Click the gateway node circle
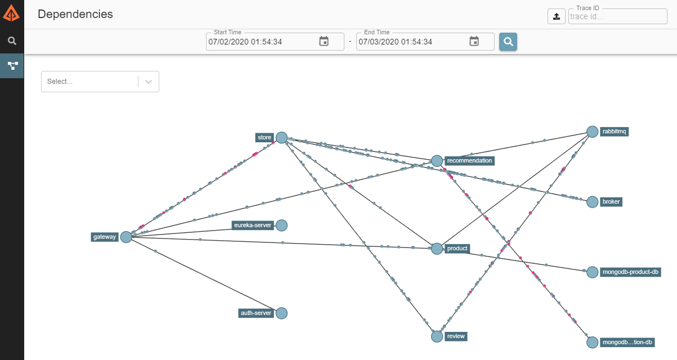[126, 237]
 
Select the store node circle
[281, 137]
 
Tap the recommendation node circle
[437, 161]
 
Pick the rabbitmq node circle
[592, 132]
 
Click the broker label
[611, 202]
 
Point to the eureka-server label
[253, 226]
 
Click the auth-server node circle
[281, 313]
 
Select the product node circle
[437, 249]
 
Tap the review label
[456, 336]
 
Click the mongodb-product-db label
[630, 272]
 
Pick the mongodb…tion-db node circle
[592, 342]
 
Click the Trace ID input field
[617, 16]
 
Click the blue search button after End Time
[508, 42]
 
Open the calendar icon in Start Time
[324, 41]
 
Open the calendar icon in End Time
[474, 41]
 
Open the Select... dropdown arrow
[149, 82]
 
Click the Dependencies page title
[75, 14]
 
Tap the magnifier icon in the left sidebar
[12, 40]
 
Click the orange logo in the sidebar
[11, 12]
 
